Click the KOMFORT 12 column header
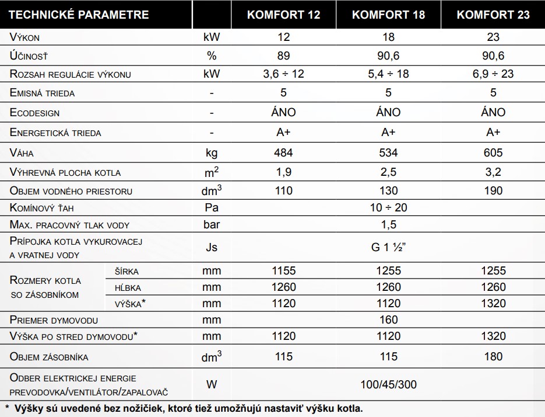[x=283, y=15]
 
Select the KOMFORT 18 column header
[x=388, y=15]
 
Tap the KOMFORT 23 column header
[x=493, y=15]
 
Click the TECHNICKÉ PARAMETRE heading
[x=79, y=15]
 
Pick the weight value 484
[x=283, y=152]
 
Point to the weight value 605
[x=493, y=152]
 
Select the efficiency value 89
[x=283, y=56]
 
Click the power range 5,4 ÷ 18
[x=388, y=74]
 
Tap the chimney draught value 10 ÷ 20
[x=388, y=207]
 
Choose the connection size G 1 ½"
[x=388, y=247]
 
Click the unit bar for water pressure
[x=212, y=225]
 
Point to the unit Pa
[x=212, y=207]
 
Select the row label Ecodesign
[x=35, y=113]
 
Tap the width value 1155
[x=283, y=270]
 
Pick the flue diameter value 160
[x=388, y=319]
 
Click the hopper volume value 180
[x=493, y=357]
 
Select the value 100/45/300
[x=388, y=385]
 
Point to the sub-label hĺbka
[x=128, y=287]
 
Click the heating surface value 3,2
[x=493, y=172]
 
